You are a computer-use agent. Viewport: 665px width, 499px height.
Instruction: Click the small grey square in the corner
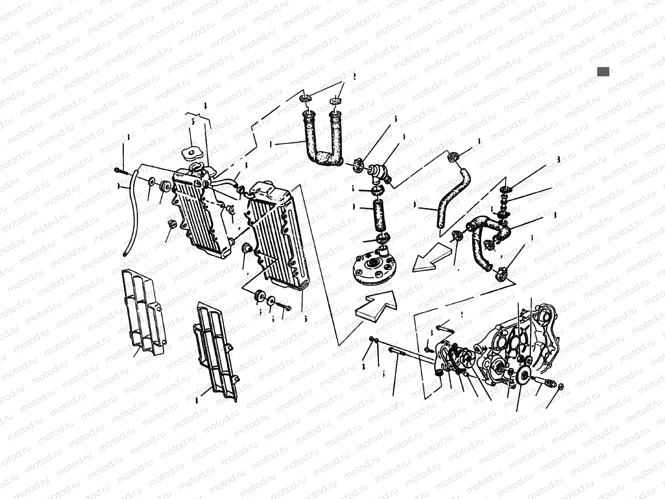(603, 72)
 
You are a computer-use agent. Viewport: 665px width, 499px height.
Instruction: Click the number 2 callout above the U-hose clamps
(355, 77)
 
